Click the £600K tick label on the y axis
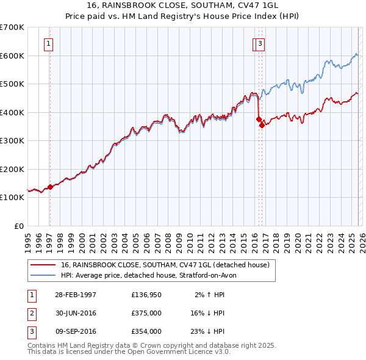point(12,56)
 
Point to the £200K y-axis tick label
point(12,169)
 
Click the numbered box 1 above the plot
point(48,43)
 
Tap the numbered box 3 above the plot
point(260,43)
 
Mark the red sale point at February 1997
point(50,187)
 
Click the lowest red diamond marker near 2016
point(262,125)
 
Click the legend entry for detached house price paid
point(168,265)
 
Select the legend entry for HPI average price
point(152,275)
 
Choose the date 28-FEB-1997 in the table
point(75,295)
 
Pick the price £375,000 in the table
point(146,313)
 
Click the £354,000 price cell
point(146,331)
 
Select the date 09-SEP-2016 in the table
point(76,331)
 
